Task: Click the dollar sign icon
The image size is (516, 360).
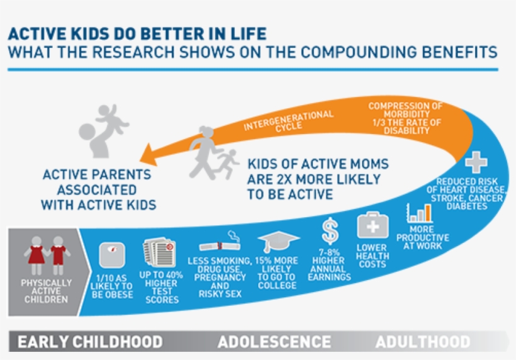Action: point(330,231)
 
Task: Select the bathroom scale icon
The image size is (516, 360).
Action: point(113,256)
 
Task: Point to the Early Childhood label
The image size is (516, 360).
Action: point(90,342)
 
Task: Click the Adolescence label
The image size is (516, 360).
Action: point(274,342)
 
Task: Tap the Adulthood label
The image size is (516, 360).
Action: point(422,342)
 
